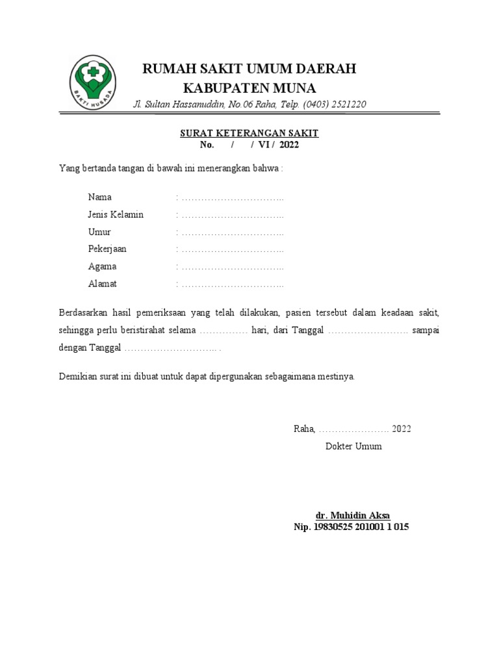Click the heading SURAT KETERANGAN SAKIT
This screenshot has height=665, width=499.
tap(249, 133)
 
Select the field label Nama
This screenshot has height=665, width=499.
tap(100, 197)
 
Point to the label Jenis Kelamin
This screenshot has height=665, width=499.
tap(116, 214)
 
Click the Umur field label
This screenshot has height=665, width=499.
tap(99, 232)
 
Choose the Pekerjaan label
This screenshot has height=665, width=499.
tap(107, 249)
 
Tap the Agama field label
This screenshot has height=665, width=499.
tap(102, 266)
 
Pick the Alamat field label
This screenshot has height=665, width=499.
tap(103, 284)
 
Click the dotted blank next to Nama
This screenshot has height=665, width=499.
tap(233, 197)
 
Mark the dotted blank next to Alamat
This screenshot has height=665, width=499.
tap(233, 284)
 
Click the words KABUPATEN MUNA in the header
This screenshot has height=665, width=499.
tap(249, 88)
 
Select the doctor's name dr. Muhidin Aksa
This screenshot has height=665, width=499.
tap(353, 515)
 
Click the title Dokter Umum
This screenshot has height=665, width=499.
tap(353, 446)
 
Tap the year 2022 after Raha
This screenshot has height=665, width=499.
tap(401, 429)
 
